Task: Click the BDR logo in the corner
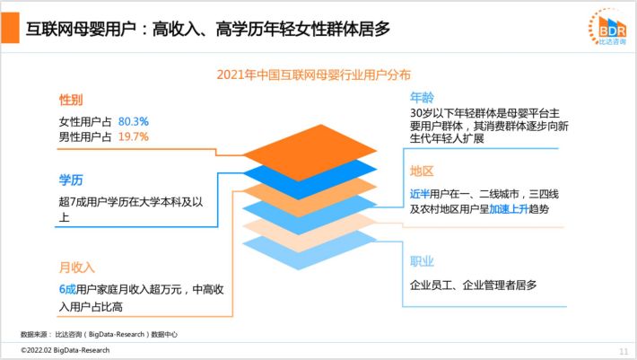point(608,26)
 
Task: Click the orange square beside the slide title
point(10,27)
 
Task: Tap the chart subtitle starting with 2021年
point(313,75)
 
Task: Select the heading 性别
point(71,100)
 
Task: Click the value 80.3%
point(134,121)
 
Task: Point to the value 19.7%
point(134,137)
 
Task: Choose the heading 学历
point(71,180)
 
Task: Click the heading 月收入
point(77,268)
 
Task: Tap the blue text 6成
point(67,289)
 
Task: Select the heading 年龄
point(422,98)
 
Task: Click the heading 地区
point(422,171)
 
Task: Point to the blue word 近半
point(420,194)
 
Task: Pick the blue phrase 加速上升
point(509,209)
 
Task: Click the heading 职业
point(422,261)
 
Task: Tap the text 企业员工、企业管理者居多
point(474,285)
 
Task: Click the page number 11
point(624,351)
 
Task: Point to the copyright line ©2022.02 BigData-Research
point(65,350)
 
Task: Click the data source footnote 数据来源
point(99,334)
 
